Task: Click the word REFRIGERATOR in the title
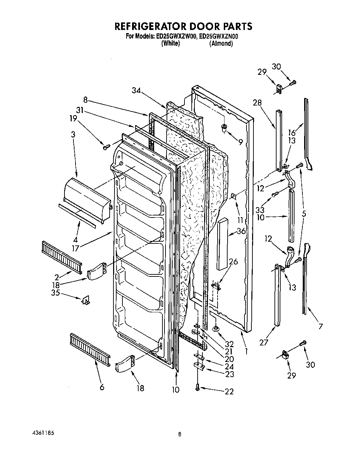[x=150, y=27]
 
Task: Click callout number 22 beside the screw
[x=229, y=391]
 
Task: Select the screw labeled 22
[x=197, y=388]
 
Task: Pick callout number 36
[x=241, y=231]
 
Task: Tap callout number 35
[x=55, y=293]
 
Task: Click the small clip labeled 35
[x=85, y=301]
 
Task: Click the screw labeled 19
[x=105, y=147]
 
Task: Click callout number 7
[x=320, y=326]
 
